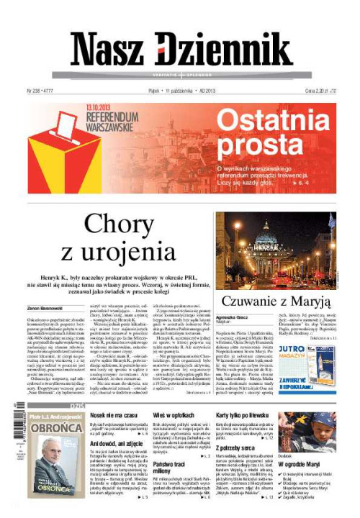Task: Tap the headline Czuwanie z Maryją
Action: click(x=276, y=301)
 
